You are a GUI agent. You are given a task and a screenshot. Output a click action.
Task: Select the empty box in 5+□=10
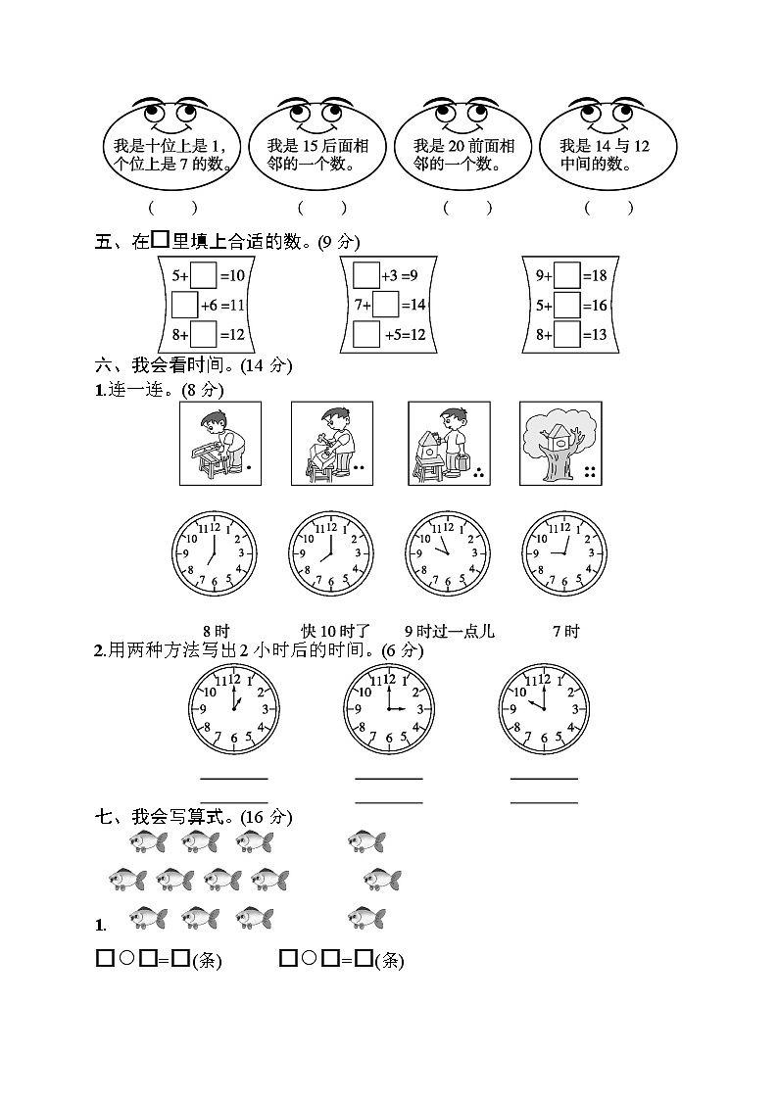tap(203, 275)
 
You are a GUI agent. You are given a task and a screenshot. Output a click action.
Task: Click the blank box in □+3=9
tap(365, 275)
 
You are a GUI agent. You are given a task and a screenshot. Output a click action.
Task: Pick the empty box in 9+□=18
tap(567, 275)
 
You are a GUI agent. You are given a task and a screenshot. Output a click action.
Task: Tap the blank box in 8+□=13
tap(567, 335)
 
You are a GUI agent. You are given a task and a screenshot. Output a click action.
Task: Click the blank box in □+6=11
tap(184, 306)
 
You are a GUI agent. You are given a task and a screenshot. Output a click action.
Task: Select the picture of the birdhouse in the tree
tap(560, 443)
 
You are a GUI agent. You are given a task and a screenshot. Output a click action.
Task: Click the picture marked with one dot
tap(220, 443)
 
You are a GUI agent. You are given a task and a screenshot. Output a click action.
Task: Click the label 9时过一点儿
tap(449, 631)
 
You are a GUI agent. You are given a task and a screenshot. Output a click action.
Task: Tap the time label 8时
tap(216, 631)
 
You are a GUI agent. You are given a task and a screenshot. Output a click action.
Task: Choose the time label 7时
tap(565, 631)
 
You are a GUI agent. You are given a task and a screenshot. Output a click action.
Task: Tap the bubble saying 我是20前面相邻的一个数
tap(462, 155)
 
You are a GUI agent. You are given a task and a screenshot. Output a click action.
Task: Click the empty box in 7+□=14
tap(385, 306)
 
